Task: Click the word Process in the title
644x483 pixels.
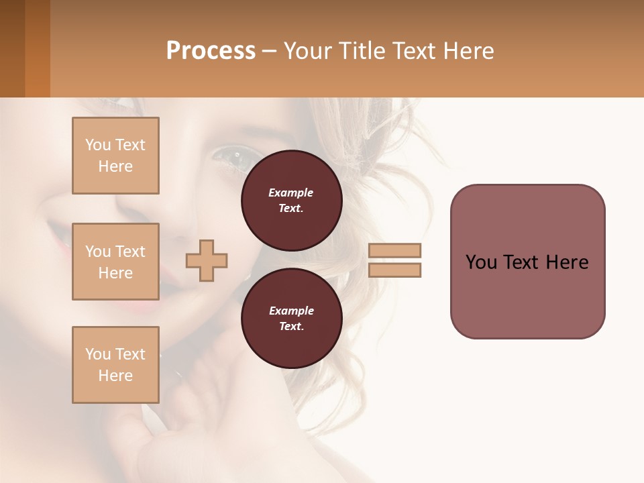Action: (211, 50)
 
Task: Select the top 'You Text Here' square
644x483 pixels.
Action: (115, 156)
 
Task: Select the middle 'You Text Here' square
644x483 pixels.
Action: (115, 262)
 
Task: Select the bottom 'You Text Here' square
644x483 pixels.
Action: (115, 364)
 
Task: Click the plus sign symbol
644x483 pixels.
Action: (207, 261)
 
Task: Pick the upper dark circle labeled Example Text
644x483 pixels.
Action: (292, 201)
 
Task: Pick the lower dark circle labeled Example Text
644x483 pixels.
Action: (292, 318)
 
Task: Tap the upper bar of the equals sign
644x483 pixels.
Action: (395, 250)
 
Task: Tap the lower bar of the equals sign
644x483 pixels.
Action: (395, 270)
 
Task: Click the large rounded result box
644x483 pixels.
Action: (527, 262)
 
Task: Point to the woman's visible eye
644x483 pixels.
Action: (230, 156)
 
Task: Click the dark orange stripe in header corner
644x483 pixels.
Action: (38, 48)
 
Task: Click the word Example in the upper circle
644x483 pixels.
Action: (291, 193)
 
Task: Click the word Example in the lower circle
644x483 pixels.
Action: (291, 311)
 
